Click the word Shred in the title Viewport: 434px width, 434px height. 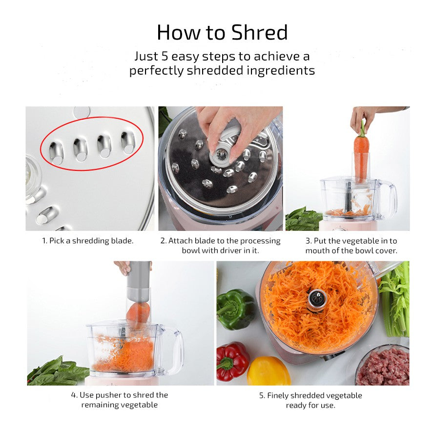pos(259,33)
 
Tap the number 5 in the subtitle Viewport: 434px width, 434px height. pos(164,56)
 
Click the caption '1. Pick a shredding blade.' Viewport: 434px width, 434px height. pos(87,241)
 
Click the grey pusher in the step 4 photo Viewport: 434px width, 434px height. pos(139,281)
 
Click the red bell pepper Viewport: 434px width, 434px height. pos(232,362)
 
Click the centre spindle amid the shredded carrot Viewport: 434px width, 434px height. pos(317,298)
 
